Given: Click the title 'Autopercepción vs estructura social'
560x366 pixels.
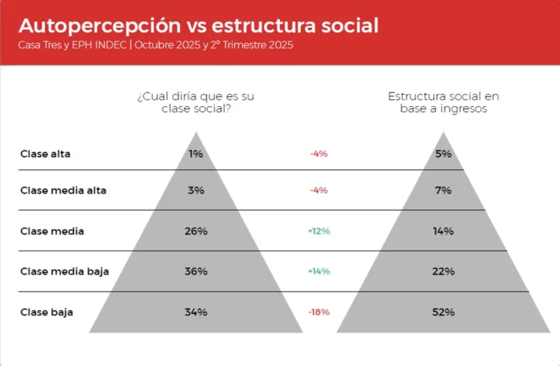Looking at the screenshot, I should [x=198, y=25].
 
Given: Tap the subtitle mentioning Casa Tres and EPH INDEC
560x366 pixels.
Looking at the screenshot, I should [x=155, y=45].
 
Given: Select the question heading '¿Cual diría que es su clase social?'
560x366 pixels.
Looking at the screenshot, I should [x=195, y=102].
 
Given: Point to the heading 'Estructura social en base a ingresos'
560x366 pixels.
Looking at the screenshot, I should [x=443, y=102].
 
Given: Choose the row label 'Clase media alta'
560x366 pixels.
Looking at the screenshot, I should [x=63, y=191].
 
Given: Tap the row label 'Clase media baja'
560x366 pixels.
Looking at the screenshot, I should [x=65, y=271].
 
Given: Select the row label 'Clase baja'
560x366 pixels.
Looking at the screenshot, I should [x=45, y=312].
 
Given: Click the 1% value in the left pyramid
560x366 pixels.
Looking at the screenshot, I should [x=195, y=154].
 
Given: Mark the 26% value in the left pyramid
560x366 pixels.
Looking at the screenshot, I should [x=195, y=231].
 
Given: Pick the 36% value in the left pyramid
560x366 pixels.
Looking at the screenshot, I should [x=195, y=271].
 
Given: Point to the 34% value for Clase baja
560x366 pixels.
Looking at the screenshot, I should [x=195, y=312].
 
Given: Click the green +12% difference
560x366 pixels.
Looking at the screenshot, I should [x=318, y=231].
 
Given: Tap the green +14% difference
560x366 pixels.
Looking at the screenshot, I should [x=318, y=271].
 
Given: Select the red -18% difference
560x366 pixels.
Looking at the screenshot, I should [x=318, y=312].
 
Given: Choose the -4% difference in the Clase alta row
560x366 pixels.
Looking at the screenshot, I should [x=318, y=154].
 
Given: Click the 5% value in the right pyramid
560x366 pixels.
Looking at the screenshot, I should [x=443, y=154].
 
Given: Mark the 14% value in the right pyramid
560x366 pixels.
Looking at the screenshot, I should [x=443, y=231].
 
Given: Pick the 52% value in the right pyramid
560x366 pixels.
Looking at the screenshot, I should [x=443, y=312].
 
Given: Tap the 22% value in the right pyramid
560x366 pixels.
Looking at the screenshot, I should [x=443, y=271].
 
